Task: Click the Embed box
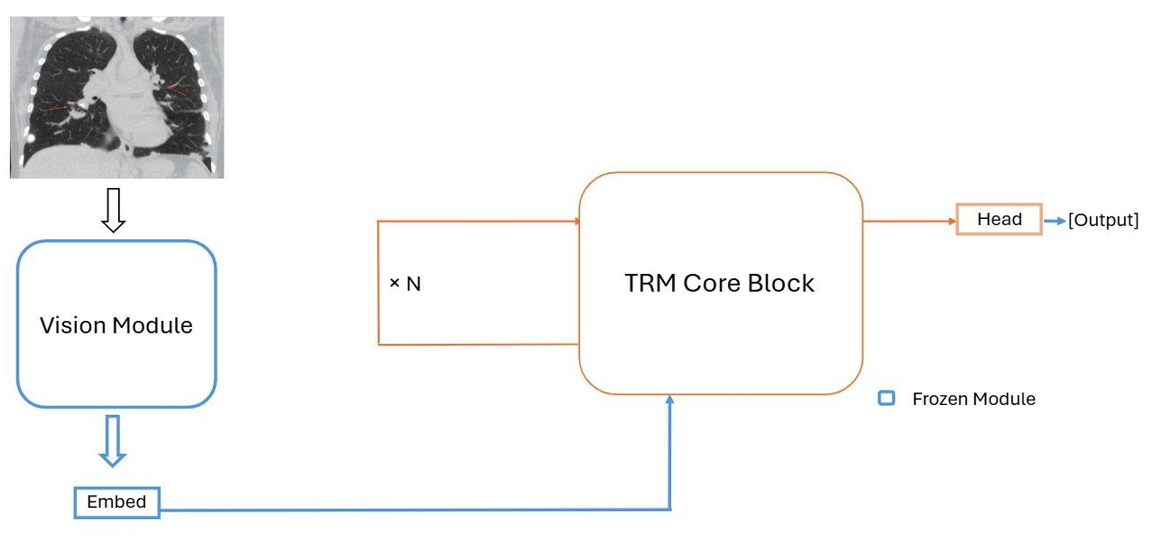(116, 502)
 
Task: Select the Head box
(999, 219)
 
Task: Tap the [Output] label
(1103, 221)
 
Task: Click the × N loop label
(405, 283)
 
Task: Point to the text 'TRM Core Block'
(720, 283)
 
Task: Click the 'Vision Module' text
(116, 324)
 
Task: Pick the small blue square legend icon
(886, 398)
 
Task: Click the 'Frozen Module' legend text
(974, 399)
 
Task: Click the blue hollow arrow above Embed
(112, 441)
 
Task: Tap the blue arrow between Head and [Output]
(1055, 221)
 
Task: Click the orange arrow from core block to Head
(909, 220)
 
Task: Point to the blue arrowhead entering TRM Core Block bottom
(670, 400)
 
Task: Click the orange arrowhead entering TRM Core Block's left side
(575, 221)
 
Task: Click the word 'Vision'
(68, 324)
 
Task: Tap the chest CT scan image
(116, 97)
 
